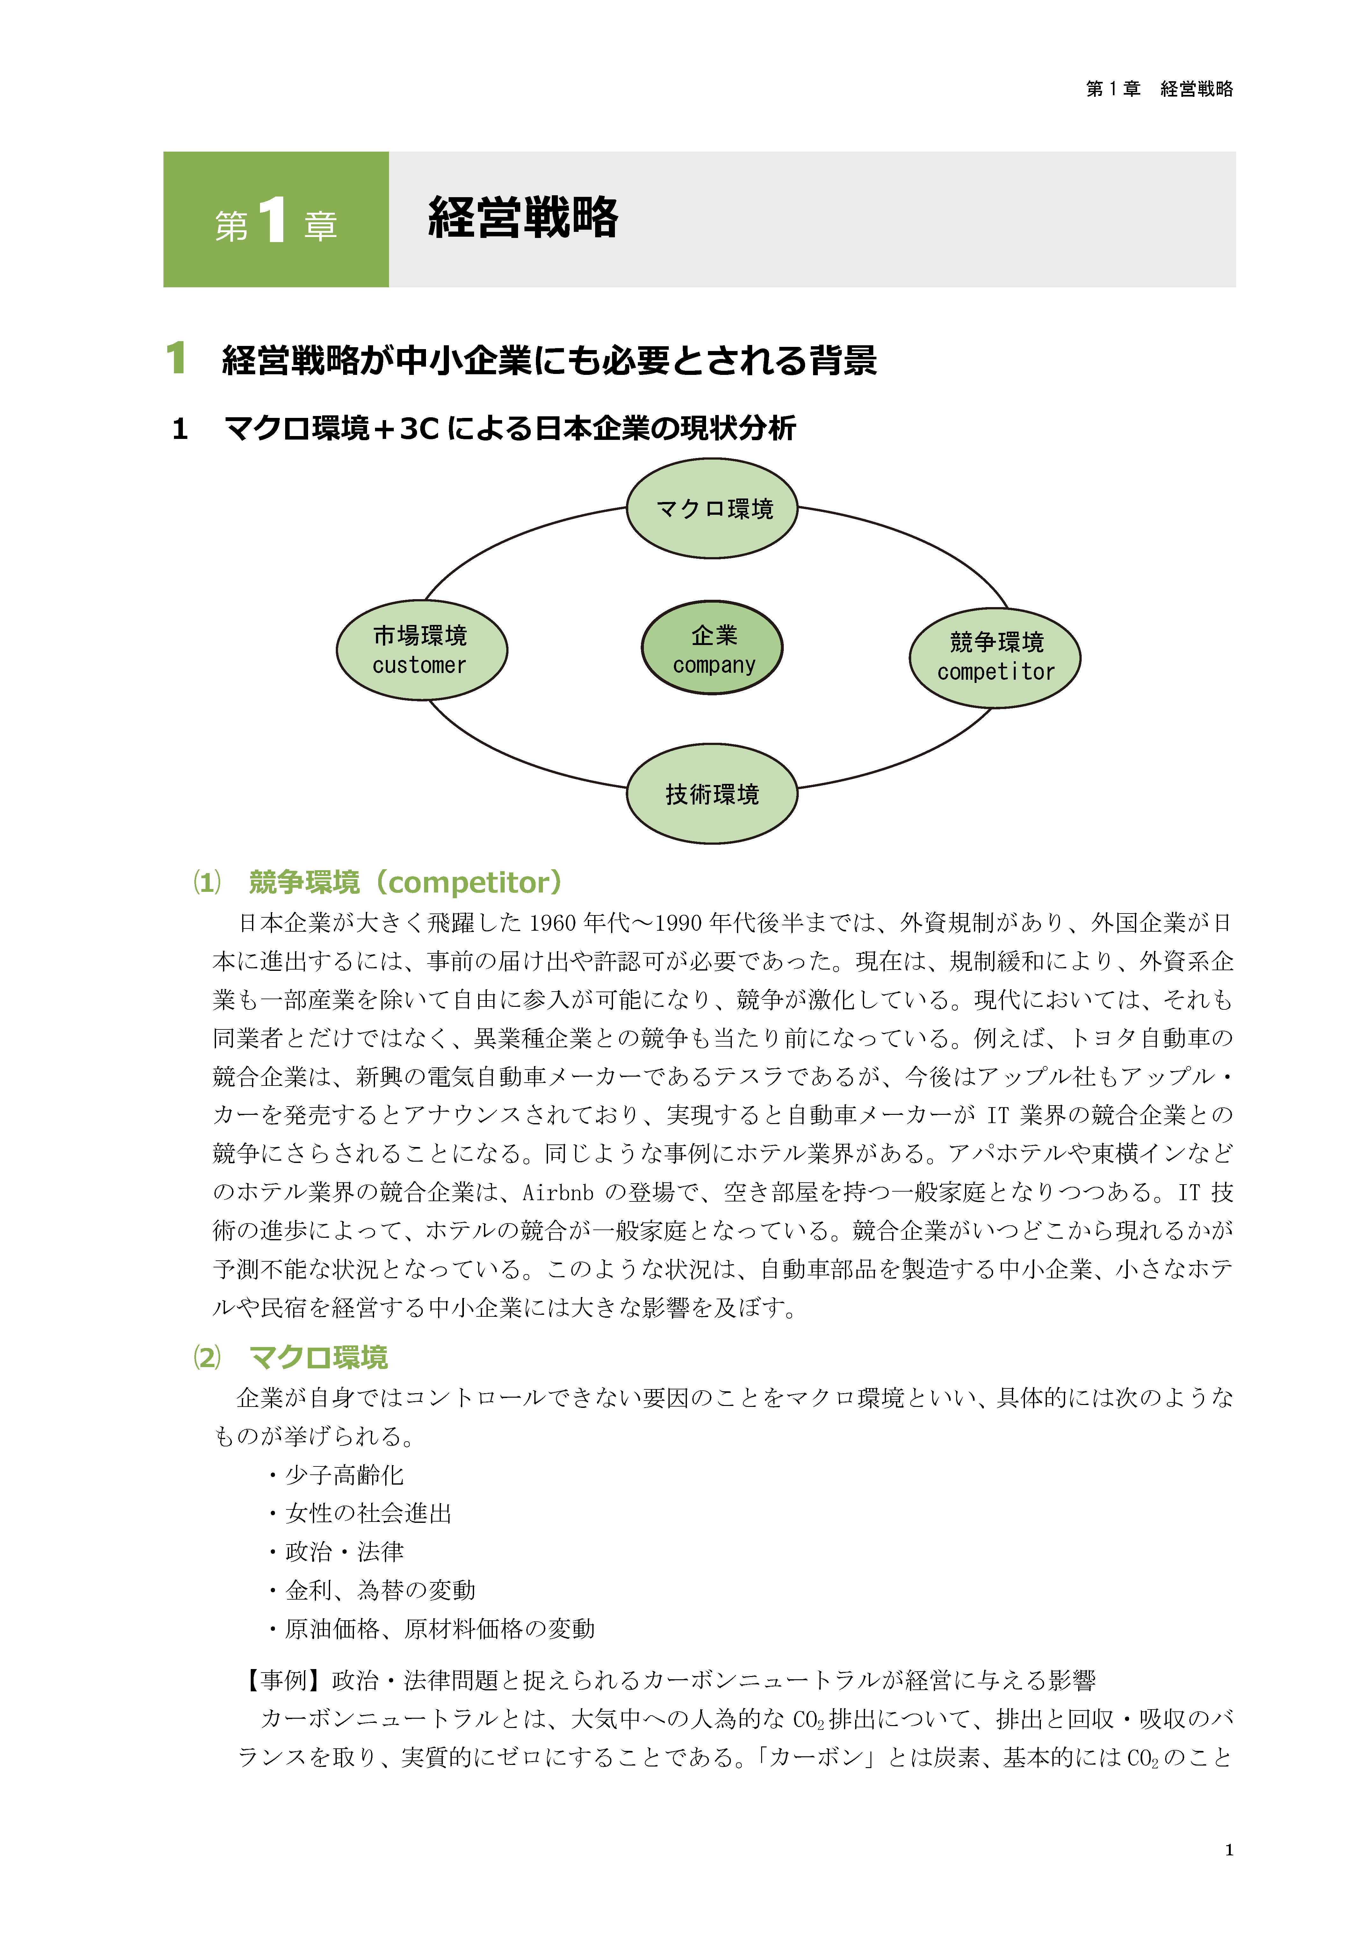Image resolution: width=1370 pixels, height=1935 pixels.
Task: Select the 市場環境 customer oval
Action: (421, 650)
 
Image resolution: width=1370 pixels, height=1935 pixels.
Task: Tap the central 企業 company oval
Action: (713, 648)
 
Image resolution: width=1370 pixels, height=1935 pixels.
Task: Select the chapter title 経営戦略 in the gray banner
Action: (523, 218)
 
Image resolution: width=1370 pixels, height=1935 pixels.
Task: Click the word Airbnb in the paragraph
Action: (558, 1192)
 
